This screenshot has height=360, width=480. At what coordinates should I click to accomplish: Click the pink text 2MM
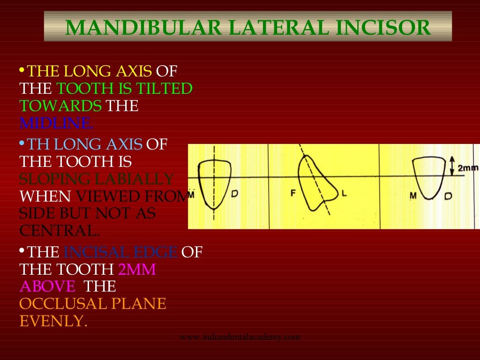[x=137, y=270]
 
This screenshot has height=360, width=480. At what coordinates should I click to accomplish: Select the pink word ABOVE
[x=47, y=287]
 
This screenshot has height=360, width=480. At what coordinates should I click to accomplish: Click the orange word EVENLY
[x=53, y=321]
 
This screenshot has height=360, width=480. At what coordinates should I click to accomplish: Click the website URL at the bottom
[x=240, y=337]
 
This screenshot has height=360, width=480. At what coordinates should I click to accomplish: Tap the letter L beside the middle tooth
[x=344, y=193]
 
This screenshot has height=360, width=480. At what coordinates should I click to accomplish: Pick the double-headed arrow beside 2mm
[x=451, y=165]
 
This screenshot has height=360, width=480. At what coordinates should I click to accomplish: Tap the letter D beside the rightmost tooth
[x=448, y=195]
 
